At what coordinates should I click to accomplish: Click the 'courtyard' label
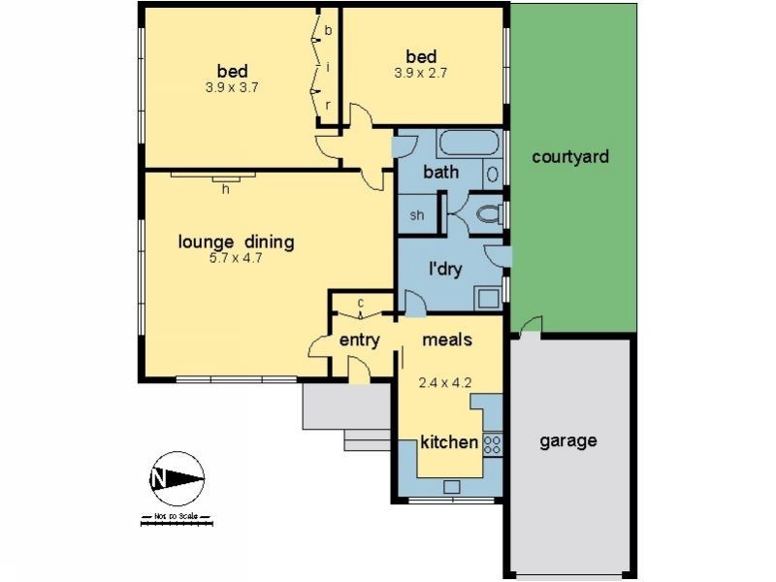click(570, 155)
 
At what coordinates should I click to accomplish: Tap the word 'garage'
click(567, 440)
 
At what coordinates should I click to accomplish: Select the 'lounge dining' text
click(236, 242)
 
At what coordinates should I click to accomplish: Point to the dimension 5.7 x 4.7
click(236, 258)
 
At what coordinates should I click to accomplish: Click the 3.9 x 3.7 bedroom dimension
click(232, 86)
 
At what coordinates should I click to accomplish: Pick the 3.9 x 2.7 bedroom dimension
click(421, 72)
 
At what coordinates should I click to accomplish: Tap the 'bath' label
click(440, 173)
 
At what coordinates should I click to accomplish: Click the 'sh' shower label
click(418, 214)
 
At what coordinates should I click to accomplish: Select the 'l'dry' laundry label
click(444, 269)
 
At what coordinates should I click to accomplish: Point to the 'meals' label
click(447, 339)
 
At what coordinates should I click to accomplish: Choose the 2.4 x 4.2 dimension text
click(444, 382)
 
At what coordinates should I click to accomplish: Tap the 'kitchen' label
click(449, 442)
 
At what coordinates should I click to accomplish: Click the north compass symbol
click(177, 478)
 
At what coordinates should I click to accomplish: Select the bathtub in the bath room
click(469, 145)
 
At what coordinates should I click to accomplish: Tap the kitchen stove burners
click(492, 443)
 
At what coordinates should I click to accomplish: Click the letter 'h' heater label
click(225, 189)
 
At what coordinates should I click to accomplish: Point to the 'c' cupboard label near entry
click(360, 303)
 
